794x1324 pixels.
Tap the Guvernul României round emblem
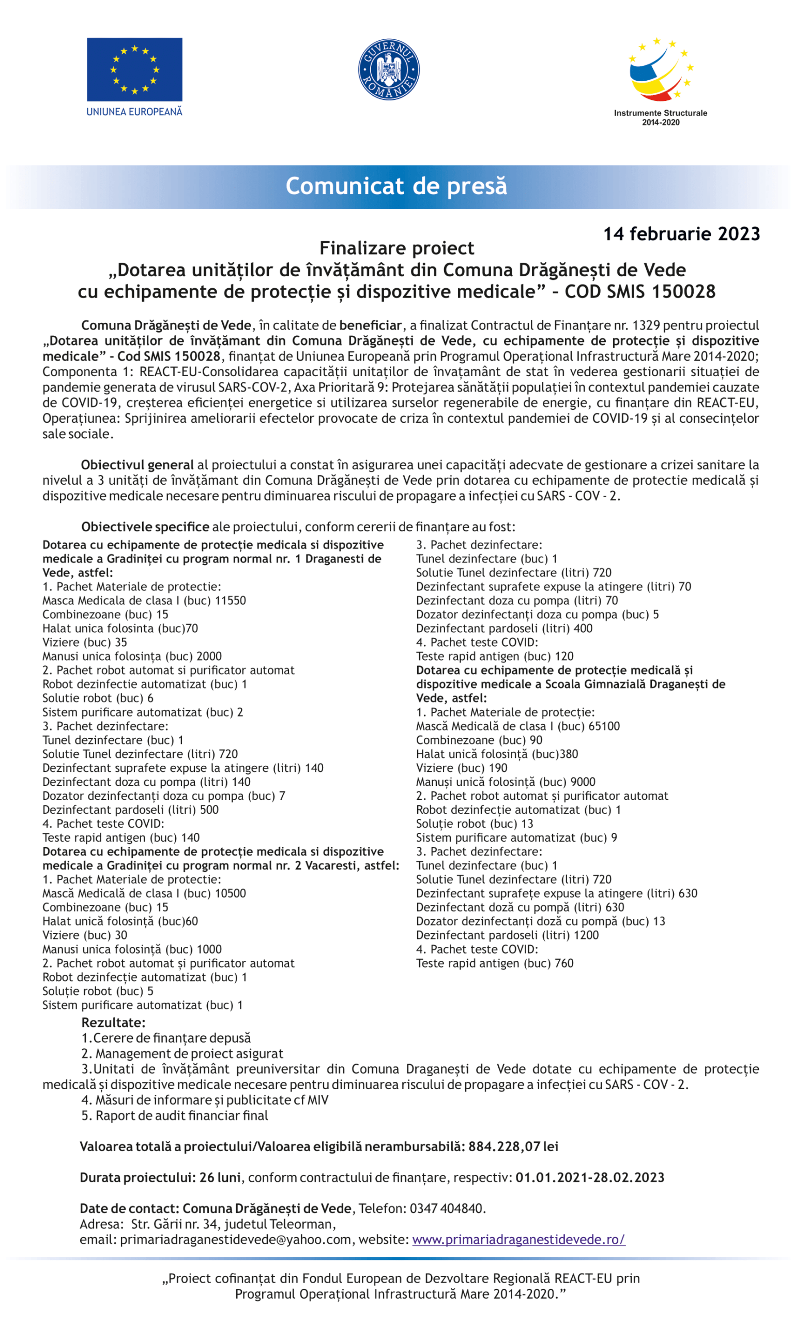[x=388, y=70]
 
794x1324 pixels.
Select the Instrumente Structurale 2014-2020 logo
[x=660, y=80]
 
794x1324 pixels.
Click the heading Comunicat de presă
[x=396, y=186]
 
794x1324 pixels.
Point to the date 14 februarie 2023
[x=681, y=234]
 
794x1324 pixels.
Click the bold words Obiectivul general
[x=138, y=465]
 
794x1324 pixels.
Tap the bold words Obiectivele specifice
[x=145, y=527]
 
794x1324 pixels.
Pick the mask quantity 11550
[x=231, y=601]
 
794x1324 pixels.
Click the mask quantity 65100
[x=604, y=726]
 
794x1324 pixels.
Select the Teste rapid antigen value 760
[x=564, y=963]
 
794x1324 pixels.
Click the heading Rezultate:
[x=113, y=1022]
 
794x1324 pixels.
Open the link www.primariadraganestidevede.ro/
[x=518, y=1240]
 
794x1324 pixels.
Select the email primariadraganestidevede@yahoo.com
[x=235, y=1240]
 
